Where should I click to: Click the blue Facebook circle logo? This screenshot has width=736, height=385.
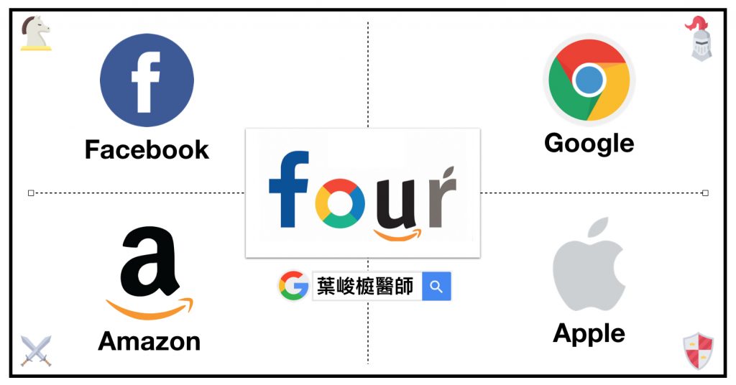click(147, 80)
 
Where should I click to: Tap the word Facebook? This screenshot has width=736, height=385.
click(147, 150)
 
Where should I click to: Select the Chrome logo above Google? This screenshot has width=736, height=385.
click(589, 80)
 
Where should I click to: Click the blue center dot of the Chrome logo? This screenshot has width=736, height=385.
click(589, 80)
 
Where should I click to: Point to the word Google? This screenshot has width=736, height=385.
click(589, 144)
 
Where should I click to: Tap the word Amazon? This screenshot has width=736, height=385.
click(149, 341)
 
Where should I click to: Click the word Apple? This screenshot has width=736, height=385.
click(589, 334)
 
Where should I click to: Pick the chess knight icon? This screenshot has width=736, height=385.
click(36, 33)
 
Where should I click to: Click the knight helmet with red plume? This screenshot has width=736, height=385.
click(700, 39)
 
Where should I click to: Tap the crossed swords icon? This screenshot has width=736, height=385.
click(36, 351)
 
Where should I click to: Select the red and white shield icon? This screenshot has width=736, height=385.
click(699, 351)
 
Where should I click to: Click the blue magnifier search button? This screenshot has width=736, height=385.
click(436, 286)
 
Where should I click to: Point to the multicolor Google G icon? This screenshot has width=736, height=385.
click(293, 286)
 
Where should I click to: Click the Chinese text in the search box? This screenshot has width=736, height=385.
click(365, 286)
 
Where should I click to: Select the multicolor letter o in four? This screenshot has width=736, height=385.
click(340, 203)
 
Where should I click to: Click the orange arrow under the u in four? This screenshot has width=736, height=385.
click(397, 234)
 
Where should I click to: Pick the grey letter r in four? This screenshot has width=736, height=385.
click(442, 197)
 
